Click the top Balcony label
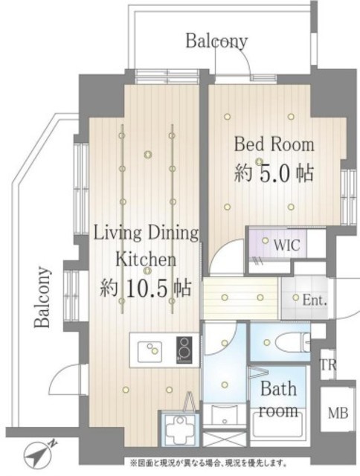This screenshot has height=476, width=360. [217, 40]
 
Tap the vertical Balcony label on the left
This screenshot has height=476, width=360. [43, 297]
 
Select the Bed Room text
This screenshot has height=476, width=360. [274, 144]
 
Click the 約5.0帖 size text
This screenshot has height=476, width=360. [274, 174]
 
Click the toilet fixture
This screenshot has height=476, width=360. [292, 343]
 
